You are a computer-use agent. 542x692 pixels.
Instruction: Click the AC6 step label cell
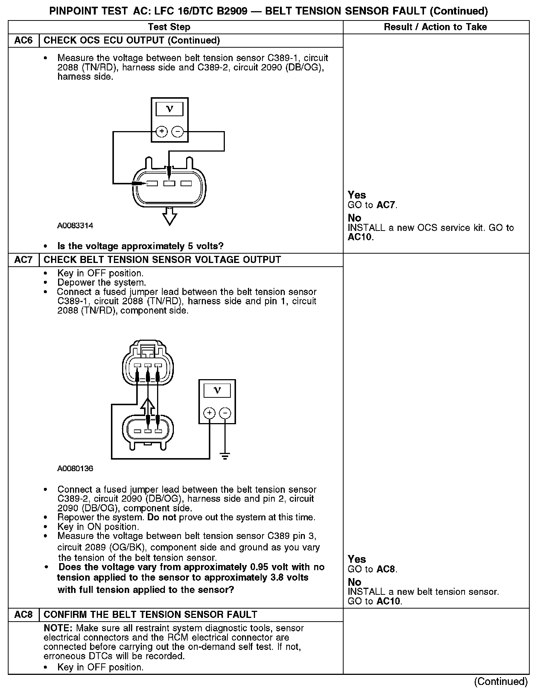pyautogui.click(x=23, y=41)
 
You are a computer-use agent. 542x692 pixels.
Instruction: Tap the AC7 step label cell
pyautogui.click(x=23, y=260)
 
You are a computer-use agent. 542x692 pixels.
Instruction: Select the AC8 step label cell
pyautogui.click(x=23, y=615)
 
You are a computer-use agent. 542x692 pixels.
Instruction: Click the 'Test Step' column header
pyautogui.click(x=169, y=27)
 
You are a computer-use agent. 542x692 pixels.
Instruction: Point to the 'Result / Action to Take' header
pyautogui.click(x=435, y=27)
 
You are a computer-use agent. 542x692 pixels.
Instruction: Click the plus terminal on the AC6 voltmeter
pyautogui.click(x=162, y=131)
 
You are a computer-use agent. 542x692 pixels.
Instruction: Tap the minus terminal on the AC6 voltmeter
pyautogui.click(x=178, y=131)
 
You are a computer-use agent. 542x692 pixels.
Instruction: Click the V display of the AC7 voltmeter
pyautogui.click(x=217, y=390)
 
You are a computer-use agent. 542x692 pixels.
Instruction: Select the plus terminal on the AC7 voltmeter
pyautogui.click(x=209, y=413)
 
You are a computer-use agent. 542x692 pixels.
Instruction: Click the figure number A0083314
pyautogui.click(x=75, y=226)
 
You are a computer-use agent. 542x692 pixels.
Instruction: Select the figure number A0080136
pyautogui.click(x=75, y=469)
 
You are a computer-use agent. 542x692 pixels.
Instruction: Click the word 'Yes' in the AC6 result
pyautogui.click(x=357, y=195)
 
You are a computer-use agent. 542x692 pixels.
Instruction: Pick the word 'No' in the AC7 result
pyautogui.click(x=354, y=582)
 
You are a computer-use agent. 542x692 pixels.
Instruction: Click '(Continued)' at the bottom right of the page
pyautogui.click(x=501, y=681)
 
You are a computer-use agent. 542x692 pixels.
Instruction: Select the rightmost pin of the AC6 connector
pyautogui.click(x=186, y=183)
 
